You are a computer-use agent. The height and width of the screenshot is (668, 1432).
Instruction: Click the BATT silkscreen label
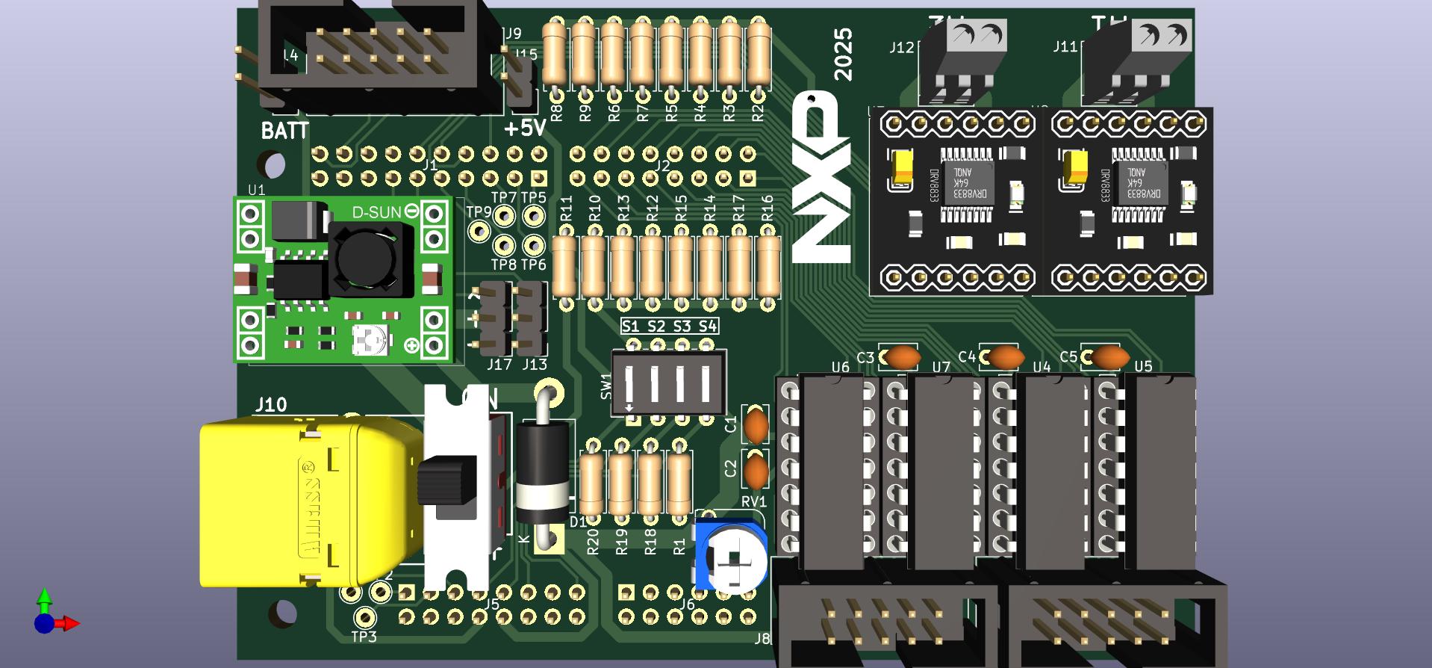click(284, 131)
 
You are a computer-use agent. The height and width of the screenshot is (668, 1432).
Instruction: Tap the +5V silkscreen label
click(525, 129)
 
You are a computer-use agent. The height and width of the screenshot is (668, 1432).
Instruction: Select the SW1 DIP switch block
click(667, 383)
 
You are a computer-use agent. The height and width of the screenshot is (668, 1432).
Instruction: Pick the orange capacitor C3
click(903, 357)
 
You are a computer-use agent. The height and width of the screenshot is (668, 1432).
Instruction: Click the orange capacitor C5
click(1109, 356)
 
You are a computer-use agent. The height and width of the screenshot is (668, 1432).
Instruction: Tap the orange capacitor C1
click(756, 425)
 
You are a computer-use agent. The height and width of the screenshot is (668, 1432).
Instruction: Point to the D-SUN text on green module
click(376, 212)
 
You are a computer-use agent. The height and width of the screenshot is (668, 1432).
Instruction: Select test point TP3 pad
click(364, 617)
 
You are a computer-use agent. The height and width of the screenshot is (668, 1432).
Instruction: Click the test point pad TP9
click(479, 231)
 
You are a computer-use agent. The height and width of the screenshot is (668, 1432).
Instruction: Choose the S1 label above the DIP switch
click(631, 326)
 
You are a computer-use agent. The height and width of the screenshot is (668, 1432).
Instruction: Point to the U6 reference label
click(840, 367)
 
